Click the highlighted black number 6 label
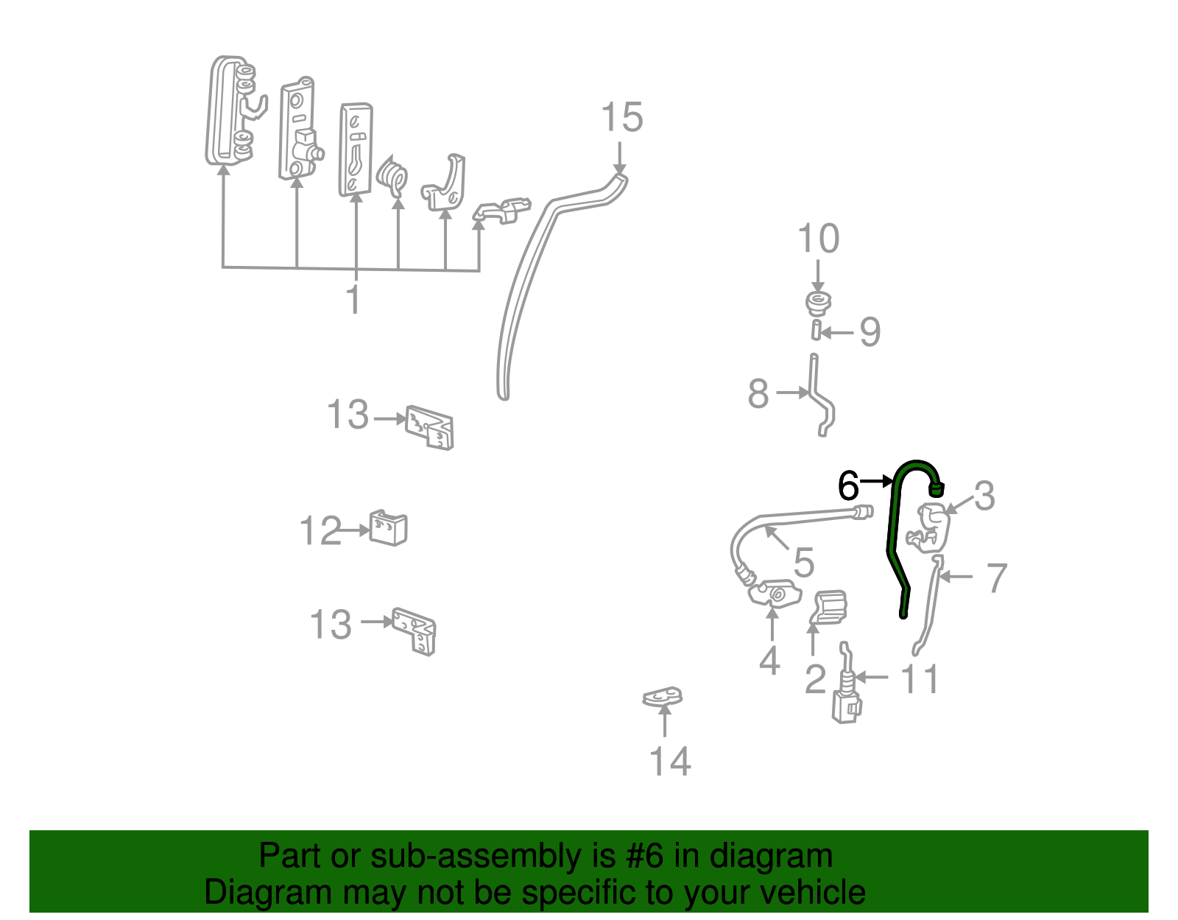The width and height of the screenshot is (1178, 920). [848, 486]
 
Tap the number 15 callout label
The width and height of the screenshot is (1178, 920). [621, 118]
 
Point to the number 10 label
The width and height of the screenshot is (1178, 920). [818, 239]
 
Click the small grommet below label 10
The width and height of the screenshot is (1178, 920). [817, 303]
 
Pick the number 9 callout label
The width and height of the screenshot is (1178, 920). [870, 332]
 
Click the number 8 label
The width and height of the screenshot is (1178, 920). [758, 394]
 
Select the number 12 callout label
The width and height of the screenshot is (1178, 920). [320, 531]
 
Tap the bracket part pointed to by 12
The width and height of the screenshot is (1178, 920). [388, 528]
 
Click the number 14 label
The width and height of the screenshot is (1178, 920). [670, 762]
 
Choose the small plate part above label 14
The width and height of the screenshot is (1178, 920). [663, 696]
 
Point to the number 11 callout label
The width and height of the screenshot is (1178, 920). [920, 679]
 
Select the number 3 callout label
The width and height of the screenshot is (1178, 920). [984, 496]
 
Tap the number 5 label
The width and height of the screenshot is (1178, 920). [803, 563]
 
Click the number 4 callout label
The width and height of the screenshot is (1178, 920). [769, 661]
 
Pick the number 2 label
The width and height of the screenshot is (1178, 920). [815, 679]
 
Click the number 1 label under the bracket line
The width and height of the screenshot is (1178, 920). [354, 301]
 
